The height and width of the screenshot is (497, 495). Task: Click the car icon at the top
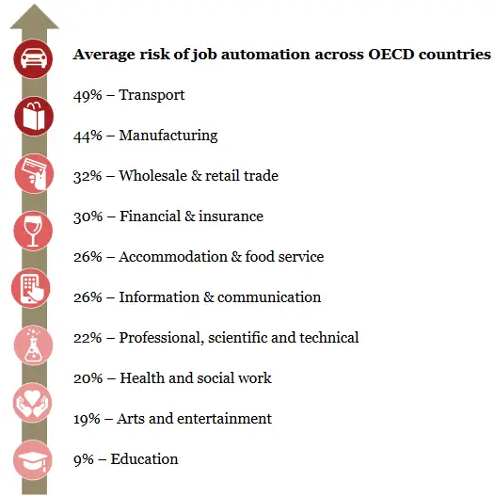[x=34, y=59]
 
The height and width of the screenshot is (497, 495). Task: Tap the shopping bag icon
[x=34, y=117]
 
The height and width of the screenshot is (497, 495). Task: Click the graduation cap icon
[x=34, y=460]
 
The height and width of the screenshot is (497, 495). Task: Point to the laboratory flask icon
[x=34, y=345]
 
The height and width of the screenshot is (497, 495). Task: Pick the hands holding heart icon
[x=34, y=403]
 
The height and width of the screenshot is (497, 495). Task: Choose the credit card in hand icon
[x=34, y=174]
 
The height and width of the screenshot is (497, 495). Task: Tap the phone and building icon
[x=34, y=288]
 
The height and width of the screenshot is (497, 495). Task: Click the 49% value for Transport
[x=88, y=95]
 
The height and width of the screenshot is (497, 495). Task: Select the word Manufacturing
[x=168, y=136]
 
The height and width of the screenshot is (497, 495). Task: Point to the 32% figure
[x=88, y=176]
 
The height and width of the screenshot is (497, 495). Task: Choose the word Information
[x=156, y=297]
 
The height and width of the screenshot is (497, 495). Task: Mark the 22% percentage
[x=88, y=338]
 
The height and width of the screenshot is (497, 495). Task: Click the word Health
[x=141, y=378]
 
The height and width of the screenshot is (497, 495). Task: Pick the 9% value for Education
[x=84, y=459]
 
